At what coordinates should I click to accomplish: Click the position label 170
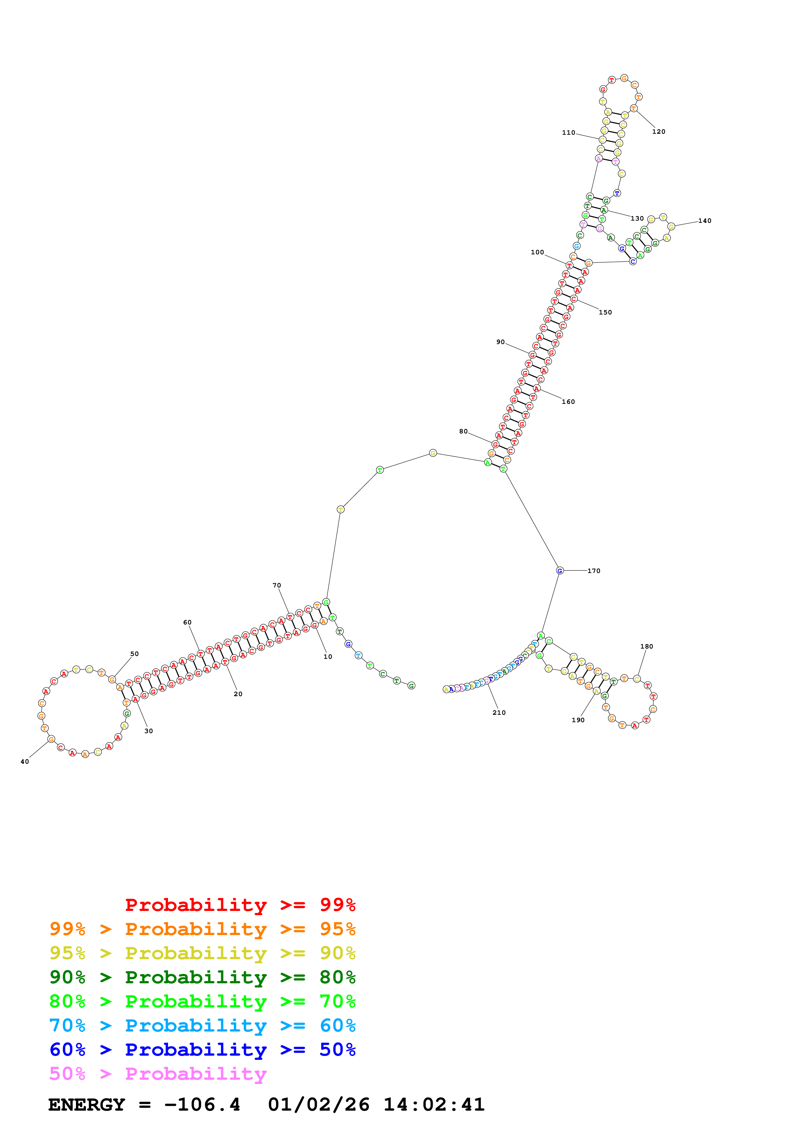pyautogui.click(x=594, y=571)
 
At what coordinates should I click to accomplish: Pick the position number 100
pyautogui.click(x=537, y=252)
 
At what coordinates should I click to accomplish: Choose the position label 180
pyautogui.click(x=647, y=647)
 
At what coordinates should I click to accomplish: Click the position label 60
pyautogui.click(x=187, y=623)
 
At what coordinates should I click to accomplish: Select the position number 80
pyautogui.click(x=463, y=431)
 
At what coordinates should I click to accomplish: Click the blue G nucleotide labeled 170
pyautogui.click(x=559, y=571)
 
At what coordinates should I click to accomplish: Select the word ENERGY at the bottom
pyautogui.click(x=87, y=1105)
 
